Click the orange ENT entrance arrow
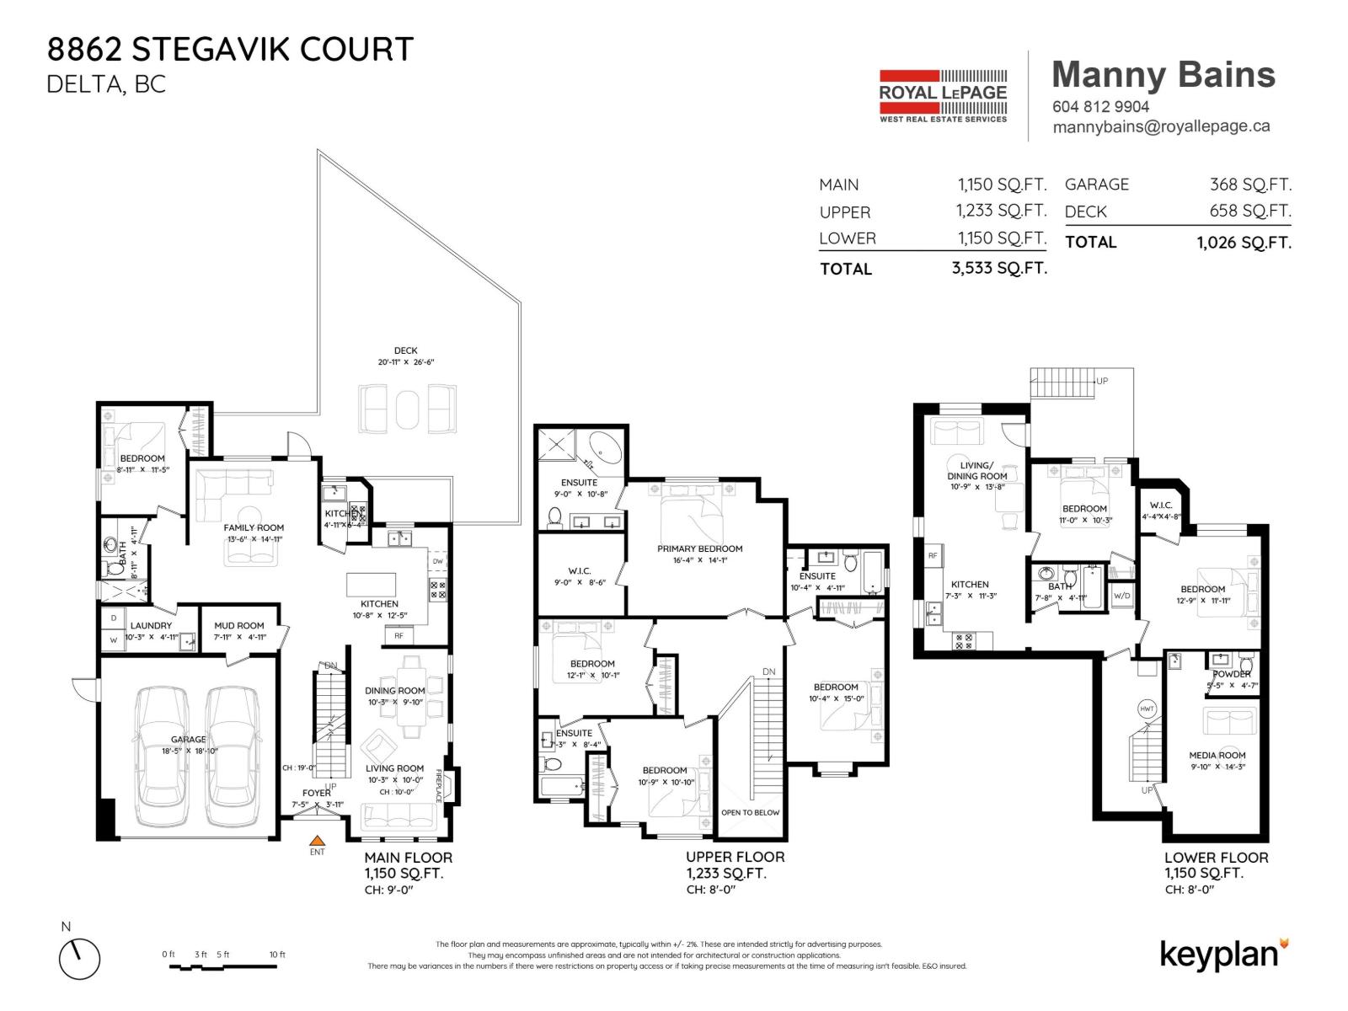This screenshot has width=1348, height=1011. coord(317,839)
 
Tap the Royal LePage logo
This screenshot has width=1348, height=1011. coord(943,96)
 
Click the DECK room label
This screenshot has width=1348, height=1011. coord(405,350)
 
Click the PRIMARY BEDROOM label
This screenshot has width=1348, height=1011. coord(699,548)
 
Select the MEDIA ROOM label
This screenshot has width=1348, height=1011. coord(1217,755)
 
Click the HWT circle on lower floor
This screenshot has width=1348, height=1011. coord(1147,709)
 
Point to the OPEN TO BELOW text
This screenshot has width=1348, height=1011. coord(750,812)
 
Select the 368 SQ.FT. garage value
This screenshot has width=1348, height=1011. coord(1249,185)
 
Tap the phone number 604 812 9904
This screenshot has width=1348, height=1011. coord(1100,107)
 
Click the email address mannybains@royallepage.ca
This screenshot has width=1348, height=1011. coord(1161,126)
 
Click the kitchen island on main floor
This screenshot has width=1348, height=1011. coord(372,585)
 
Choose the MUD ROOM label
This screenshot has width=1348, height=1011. coord(238,626)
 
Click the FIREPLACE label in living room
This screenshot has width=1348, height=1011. coord(440,785)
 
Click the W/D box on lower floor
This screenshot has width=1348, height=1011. coord(1121,596)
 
